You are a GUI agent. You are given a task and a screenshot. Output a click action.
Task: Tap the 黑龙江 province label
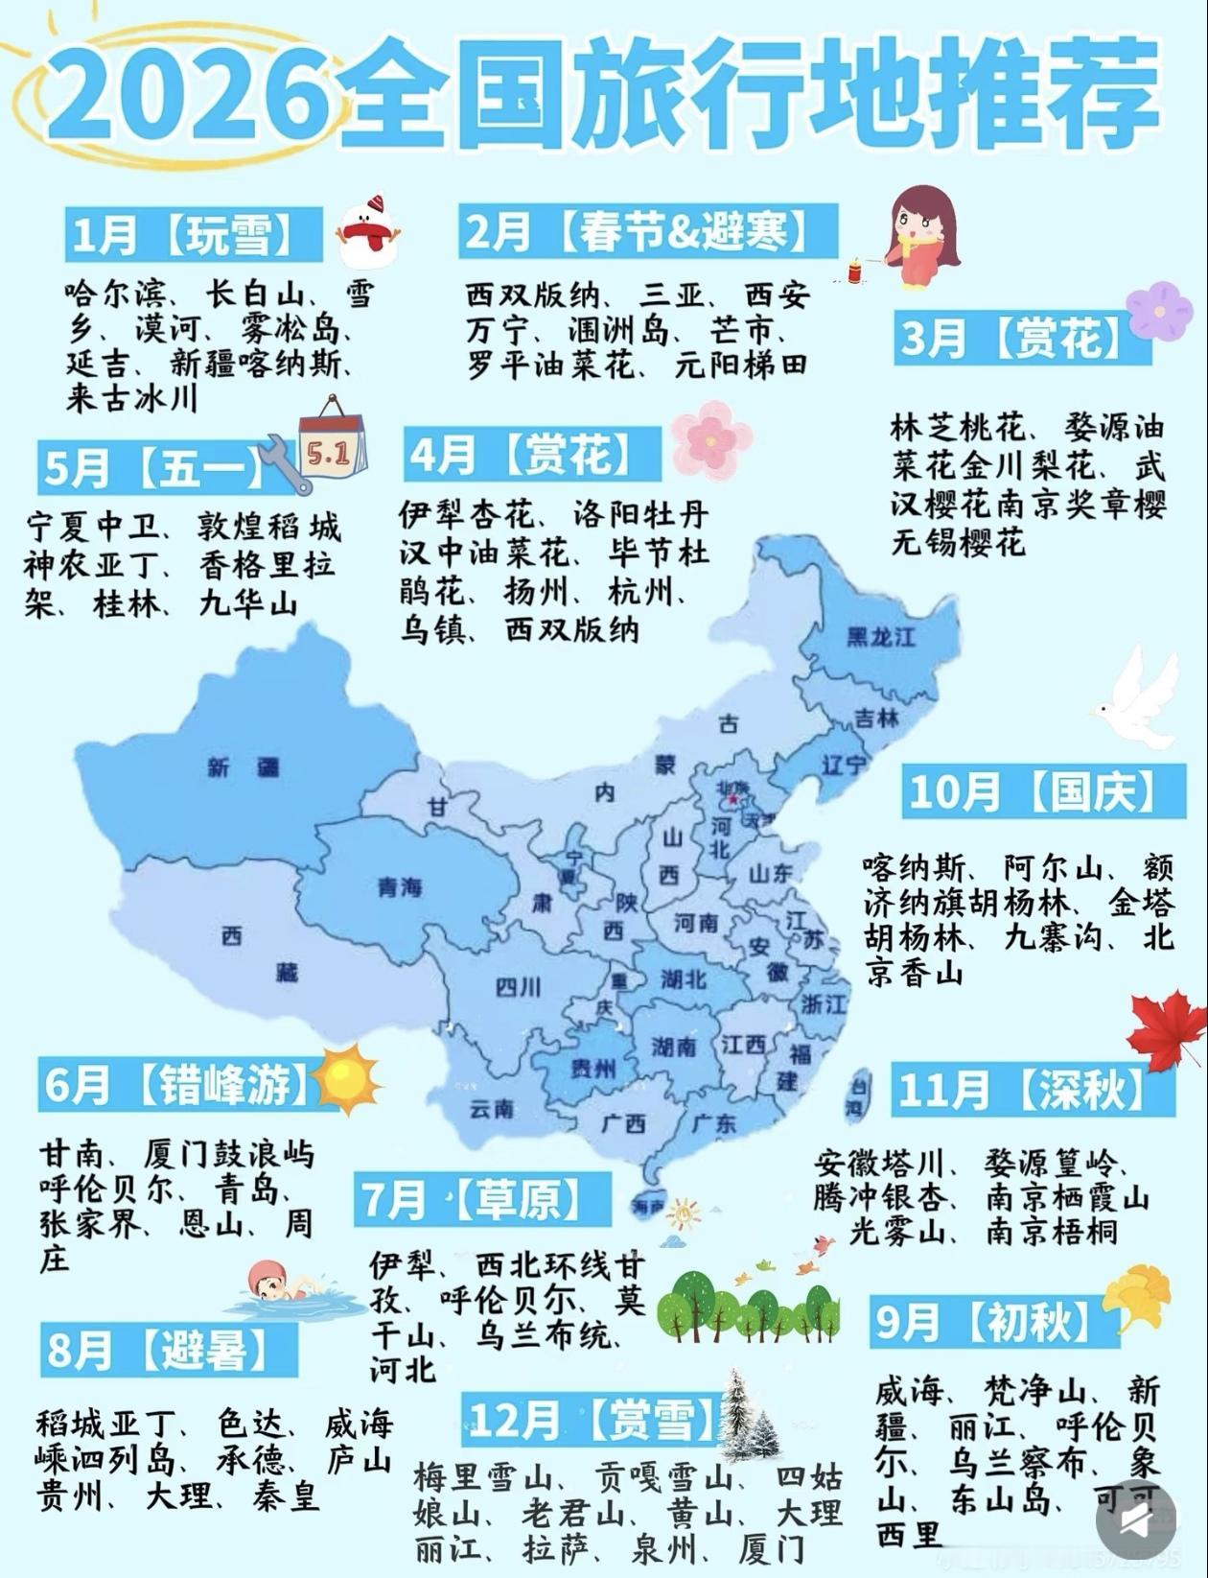coord(881,636)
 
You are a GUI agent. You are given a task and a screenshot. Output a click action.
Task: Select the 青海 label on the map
coord(399,886)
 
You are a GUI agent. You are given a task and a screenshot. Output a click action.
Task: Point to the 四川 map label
coord(519,986)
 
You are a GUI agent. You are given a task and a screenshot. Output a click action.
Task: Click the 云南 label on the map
coord(492,1109)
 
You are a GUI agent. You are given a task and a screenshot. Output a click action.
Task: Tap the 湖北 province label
coord(683,978)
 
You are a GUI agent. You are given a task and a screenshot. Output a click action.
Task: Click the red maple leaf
coord(1167,1032)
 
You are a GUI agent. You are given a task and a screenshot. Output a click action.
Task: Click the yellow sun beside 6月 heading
coord(345,1079)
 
